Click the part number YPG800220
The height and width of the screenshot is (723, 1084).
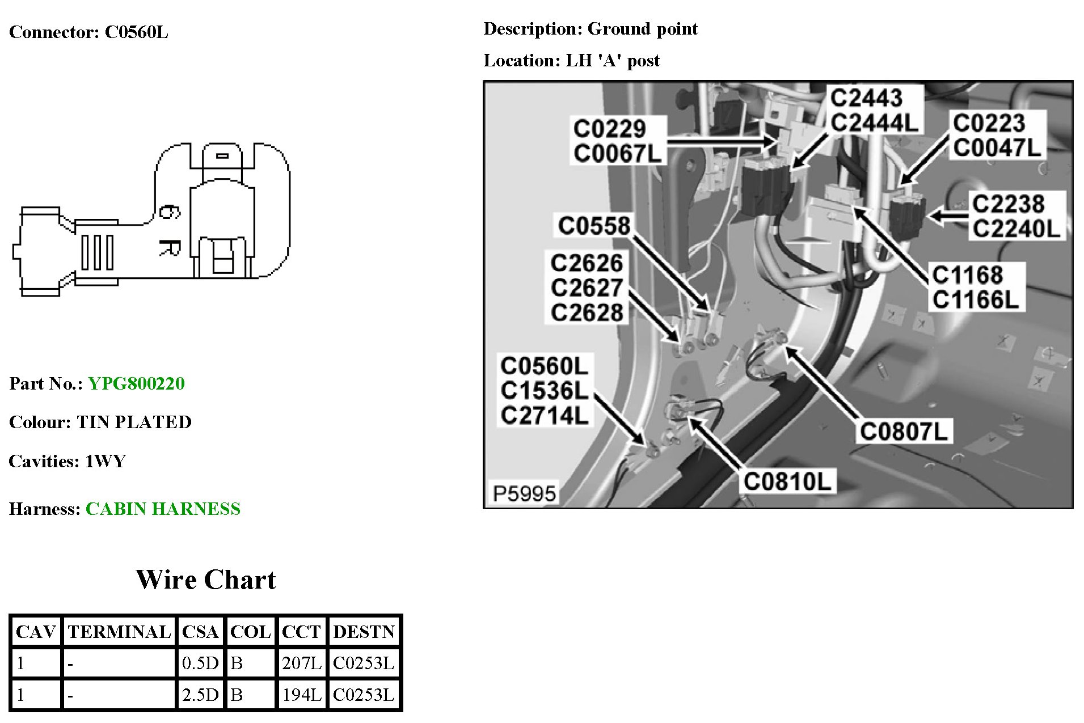[x=136, y=384]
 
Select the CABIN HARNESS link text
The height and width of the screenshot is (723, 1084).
[x=163, y=509]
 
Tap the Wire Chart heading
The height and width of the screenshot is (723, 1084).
[x=205, y=580]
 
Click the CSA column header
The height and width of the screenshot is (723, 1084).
[x=200, y=632]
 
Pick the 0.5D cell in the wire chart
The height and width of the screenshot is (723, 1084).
[x=200, y=663]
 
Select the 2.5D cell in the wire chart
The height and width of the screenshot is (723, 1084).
[x=200, y=695]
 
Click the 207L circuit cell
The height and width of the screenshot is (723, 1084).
[x=301, y=663]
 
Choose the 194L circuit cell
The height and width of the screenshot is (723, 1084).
[x=301, y=695]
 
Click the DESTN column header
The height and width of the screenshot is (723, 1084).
[x=364, y=632]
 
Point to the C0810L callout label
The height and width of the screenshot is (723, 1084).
[x=787, y=481]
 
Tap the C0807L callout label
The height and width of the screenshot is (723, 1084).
[x=904, y=432]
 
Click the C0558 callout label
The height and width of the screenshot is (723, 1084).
[x=594, y=226]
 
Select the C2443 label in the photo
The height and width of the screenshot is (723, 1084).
[x=866, y=98]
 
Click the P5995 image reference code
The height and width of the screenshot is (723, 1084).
[x=524, y=494]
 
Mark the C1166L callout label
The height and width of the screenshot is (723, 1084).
[x=976, y=299]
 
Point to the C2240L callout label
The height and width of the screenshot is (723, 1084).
[x=1016, y=229]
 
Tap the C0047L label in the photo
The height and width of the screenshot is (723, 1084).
[x=997, y=147]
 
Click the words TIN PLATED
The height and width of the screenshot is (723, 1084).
[x=134, y=422]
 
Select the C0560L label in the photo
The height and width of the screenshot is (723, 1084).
[x=544, y=366]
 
